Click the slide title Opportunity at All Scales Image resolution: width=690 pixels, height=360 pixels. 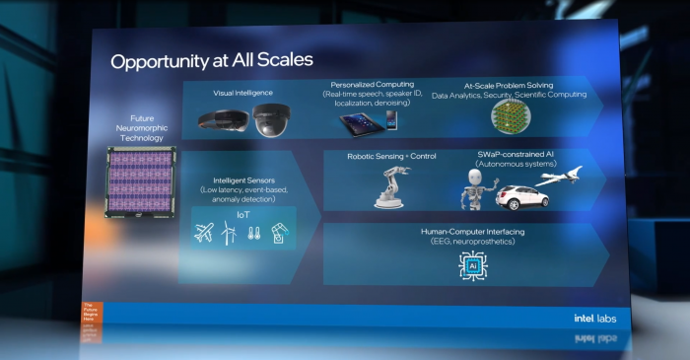pos(211,61)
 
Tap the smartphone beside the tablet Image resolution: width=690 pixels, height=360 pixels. pos(391,119)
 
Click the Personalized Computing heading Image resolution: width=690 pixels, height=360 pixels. pos(372,85)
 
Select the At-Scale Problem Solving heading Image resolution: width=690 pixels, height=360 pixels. pos(509,85)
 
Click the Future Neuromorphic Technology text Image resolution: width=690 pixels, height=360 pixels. pos(142,129)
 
